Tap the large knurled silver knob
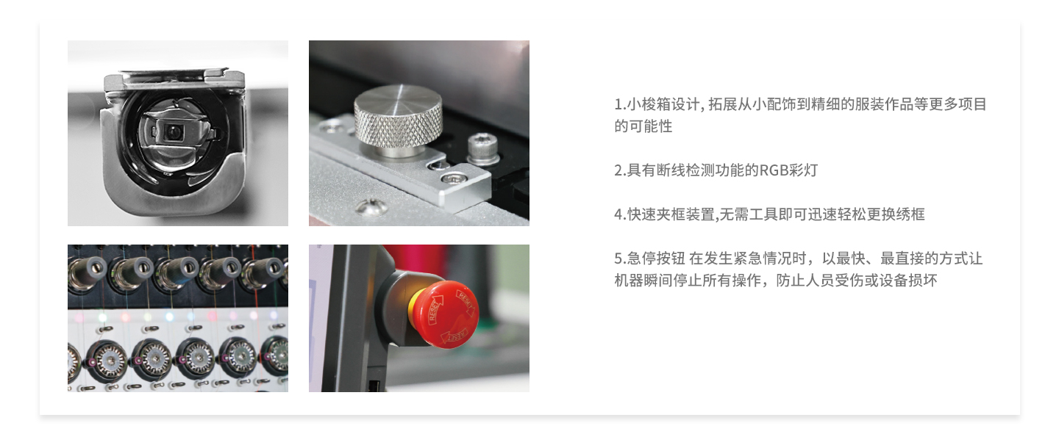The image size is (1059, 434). (x=398, y=118)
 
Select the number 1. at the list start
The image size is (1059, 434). (x=620, y=104)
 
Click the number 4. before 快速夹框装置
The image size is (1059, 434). (x=620, y=214)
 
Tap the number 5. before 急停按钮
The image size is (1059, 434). (x=620, y=258)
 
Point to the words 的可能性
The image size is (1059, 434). (x=643, y=126)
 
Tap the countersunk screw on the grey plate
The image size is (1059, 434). (x=371, y=207)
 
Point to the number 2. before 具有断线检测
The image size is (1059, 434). (x=620, y=170)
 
